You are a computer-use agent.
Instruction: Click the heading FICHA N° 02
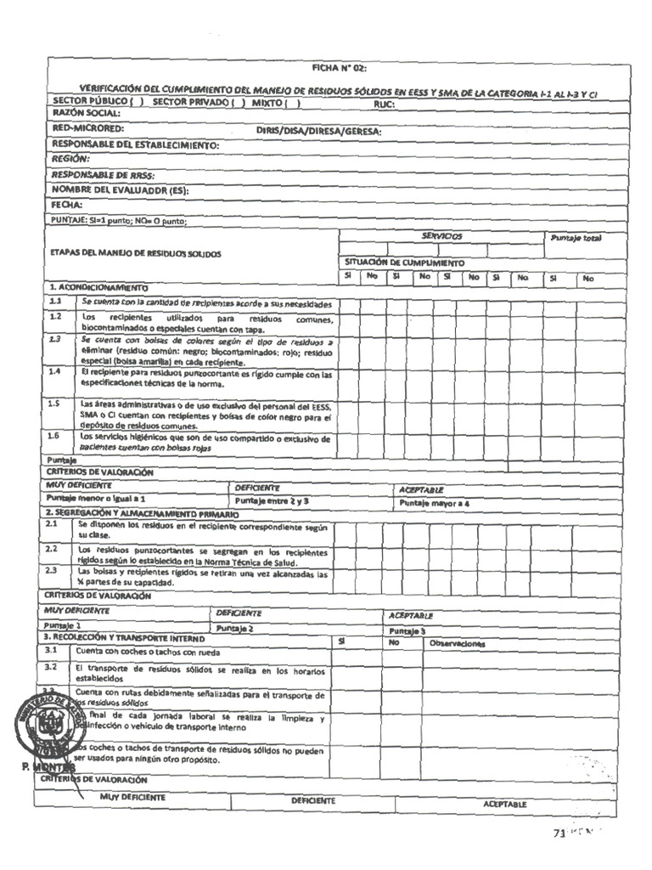click(x=339, y=68)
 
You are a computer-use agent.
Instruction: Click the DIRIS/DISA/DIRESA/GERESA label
click(x=318, y=132)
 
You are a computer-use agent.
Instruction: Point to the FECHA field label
click(x=66, y=206)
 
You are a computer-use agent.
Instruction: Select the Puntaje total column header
click(x=575, y=239)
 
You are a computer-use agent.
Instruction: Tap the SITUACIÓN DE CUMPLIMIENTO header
click(x=404, y=263)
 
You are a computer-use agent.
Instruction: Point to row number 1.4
click(x=55, y=372)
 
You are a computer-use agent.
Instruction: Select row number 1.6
click(x=55, y=437)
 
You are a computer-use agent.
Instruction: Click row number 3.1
click(x=52, y=650)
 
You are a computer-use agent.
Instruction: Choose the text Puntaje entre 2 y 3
click(x=272, y=501)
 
